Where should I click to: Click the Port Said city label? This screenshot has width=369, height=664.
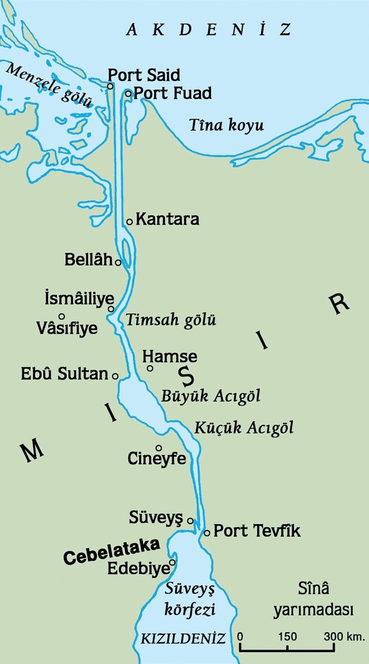pos(144,75)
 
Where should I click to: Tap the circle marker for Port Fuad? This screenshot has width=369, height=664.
pos(128,94)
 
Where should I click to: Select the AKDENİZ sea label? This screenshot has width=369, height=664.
pos(209,29)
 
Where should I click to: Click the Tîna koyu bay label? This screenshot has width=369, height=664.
pos(226,125)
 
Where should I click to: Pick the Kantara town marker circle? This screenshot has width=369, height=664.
pos(129,222)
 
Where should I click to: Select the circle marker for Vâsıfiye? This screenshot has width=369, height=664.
pos(62,316)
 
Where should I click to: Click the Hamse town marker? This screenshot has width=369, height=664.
pos(150,368)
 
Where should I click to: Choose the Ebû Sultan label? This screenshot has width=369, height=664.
pos(64,374)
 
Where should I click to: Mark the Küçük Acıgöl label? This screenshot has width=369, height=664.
pos(244,428)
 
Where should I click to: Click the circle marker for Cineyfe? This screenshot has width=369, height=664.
pos(159,447)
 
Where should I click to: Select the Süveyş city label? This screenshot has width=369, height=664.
pos(155,517)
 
